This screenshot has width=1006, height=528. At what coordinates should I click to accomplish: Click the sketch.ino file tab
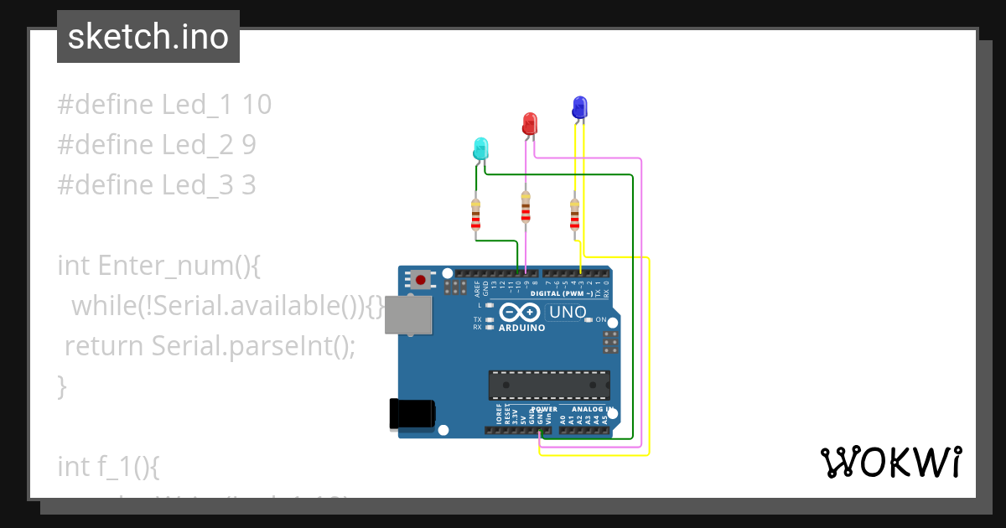148,37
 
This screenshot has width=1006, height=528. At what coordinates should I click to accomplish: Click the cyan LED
480,149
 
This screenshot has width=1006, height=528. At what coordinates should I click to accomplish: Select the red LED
529,124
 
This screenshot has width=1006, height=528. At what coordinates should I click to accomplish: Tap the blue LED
579,107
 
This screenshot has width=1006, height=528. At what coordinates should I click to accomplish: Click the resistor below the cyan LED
476,215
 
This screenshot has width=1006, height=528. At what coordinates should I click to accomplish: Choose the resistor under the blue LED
574,215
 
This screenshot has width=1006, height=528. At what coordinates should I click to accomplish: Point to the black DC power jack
412,414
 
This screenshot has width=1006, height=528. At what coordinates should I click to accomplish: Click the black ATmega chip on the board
549,384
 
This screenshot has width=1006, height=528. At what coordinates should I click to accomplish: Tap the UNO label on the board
568,313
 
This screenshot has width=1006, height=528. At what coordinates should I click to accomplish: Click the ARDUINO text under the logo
521,329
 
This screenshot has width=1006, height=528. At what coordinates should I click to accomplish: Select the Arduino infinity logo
521,313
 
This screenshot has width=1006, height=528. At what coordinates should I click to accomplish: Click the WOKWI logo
890,462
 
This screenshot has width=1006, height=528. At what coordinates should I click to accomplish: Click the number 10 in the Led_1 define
257,105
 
